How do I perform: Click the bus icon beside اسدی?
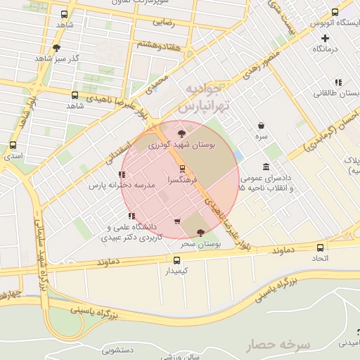(x=13, y=146)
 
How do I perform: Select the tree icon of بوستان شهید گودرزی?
(x=181, y=132)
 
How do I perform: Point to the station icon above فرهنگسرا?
(x=183, y=169)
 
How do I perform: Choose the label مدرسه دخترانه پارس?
(x=117, y=186)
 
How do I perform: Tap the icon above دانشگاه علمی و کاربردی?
(x=131, y=216)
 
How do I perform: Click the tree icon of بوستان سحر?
(x=201, y=232)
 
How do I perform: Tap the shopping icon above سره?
(x=261, y=124)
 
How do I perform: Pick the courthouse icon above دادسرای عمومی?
(x=265, y=167)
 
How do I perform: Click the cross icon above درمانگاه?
(x=324, y=38)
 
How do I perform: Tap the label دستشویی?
(x=117, y=349)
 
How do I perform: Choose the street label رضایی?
(x=164, y=22)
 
